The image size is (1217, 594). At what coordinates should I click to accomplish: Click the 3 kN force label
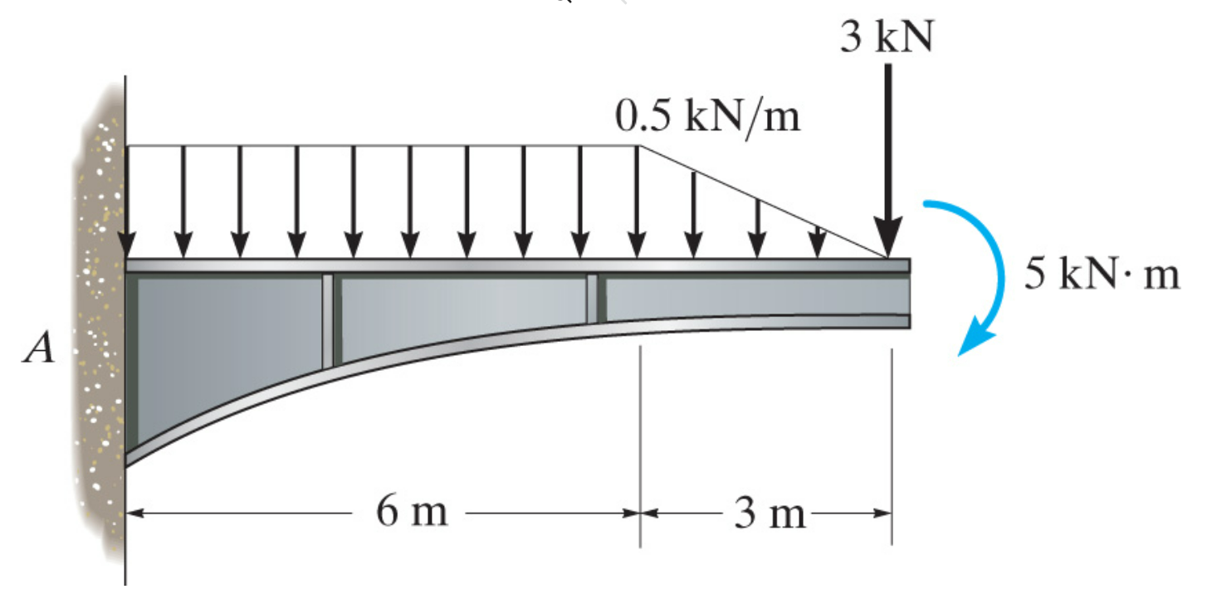tap(887, 37)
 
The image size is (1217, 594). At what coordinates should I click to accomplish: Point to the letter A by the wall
tap(39, 347)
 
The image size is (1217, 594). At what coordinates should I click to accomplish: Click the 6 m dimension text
tap(412, 512)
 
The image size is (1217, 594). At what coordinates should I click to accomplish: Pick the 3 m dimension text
tap(770, 513)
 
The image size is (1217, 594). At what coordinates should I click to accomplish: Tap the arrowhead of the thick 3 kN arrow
tap(887, 236)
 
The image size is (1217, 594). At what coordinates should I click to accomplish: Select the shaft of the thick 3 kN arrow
tap(887, 141)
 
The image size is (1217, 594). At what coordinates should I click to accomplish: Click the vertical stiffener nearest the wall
tap(328, 321)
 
